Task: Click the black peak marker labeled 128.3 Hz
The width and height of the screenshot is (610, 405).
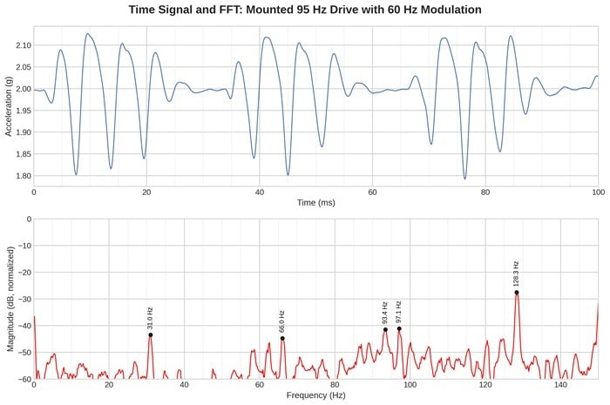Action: point(517,293)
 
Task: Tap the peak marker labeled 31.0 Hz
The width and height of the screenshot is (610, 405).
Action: point(150,334)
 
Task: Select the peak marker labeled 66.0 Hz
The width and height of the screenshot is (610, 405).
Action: point(282,338)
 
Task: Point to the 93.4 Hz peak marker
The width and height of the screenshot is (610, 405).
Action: point(385,329)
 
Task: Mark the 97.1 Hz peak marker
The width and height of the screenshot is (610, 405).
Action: point(399,328)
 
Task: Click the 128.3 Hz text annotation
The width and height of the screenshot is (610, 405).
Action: point(517,273)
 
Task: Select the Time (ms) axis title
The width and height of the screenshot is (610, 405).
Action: point(315,202)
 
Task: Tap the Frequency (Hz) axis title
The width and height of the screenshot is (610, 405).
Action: point(315,395)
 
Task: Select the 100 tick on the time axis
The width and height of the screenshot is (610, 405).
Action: point(598,191)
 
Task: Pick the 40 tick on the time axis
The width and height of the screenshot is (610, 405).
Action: point(259,191)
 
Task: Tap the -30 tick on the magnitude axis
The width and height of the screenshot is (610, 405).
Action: point(21,273)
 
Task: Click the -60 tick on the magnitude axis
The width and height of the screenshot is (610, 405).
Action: point(21,379)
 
